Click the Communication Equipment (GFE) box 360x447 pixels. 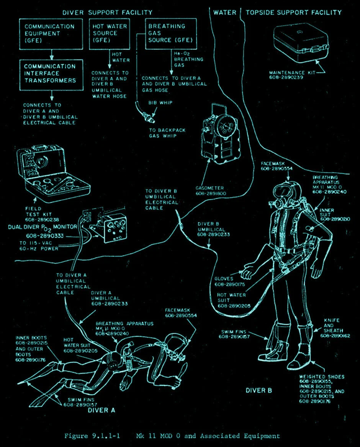click(x=51, y=33)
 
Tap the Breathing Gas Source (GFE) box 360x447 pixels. click(x=170, y=33)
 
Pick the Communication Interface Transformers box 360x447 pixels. click(x=51, y=74)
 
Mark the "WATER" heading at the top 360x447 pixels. click(x=225, y=13)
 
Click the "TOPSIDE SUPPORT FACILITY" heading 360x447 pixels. click(x=293, y=13)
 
